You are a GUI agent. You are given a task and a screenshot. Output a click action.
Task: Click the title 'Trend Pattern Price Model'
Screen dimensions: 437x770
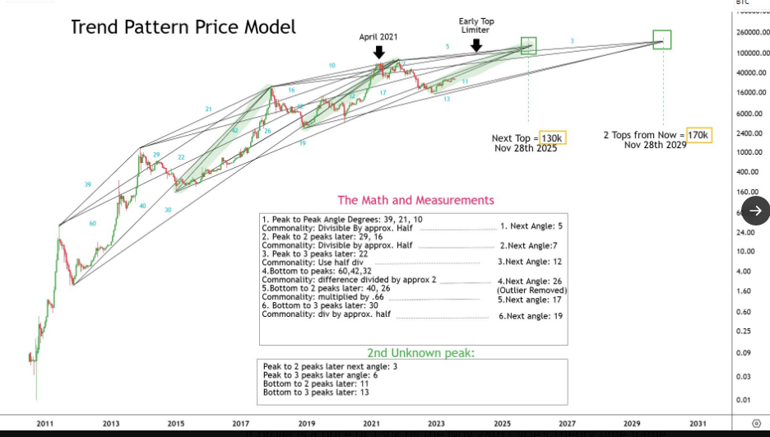183,27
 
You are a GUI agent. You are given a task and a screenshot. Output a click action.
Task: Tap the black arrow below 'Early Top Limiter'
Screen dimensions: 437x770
475,45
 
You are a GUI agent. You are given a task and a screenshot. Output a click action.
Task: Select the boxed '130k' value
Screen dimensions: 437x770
553,137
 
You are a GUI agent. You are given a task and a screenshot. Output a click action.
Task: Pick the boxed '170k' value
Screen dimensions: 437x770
698,134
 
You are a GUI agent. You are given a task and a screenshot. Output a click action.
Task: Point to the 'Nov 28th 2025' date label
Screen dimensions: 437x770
526,148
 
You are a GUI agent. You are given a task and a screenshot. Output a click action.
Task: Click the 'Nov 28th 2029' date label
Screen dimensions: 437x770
655,145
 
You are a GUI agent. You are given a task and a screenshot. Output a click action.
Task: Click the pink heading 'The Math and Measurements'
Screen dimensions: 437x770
415,200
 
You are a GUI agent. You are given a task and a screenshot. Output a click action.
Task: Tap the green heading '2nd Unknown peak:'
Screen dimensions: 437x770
420,353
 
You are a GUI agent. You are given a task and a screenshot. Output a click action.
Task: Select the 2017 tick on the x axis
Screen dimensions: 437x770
241,424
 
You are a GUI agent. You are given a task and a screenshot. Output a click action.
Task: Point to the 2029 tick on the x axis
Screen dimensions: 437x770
632,424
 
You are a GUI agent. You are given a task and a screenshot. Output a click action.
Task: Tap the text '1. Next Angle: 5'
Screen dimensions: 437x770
531,225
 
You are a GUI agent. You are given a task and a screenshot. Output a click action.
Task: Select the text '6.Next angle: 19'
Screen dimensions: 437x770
531,316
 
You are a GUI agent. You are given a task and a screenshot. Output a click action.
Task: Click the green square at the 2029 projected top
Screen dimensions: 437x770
662,39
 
